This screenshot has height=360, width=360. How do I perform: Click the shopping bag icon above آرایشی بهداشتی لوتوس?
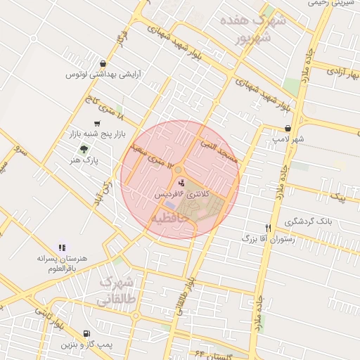click(104, 63)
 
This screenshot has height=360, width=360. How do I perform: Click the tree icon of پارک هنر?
click(84, 149)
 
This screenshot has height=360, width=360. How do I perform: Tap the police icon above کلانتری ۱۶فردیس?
click(173, 183)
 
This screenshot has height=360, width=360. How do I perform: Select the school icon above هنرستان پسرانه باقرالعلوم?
click(62, 247)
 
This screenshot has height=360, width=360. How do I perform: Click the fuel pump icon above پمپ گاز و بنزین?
click(86, 334)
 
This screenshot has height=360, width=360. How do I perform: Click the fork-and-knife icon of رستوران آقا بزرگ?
click(268, 228)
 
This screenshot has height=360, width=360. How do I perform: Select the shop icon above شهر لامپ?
click(288, 128)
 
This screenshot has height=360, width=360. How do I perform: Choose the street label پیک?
click(341, 198)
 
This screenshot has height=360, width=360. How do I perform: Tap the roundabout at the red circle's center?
click(179, 169)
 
